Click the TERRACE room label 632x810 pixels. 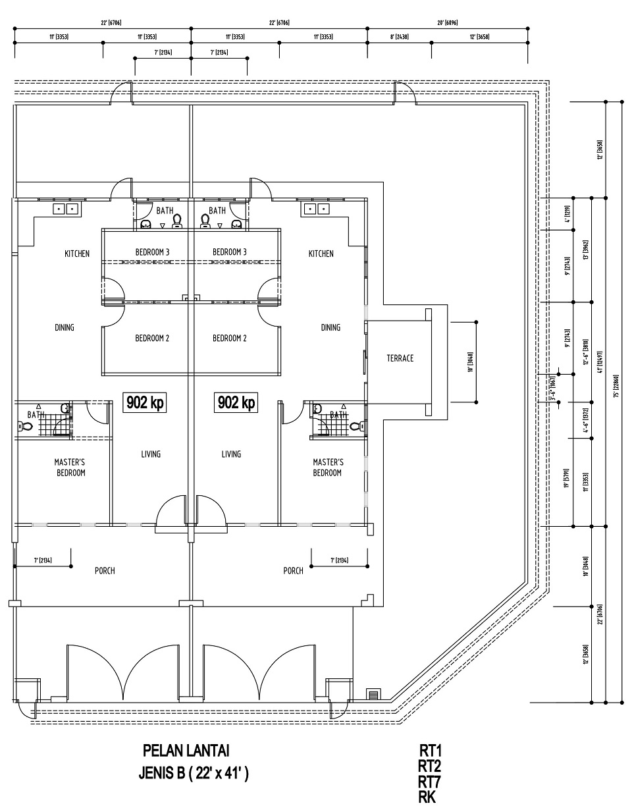coord(400,358)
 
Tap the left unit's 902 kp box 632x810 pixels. coord(145,402)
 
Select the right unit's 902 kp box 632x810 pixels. coord(236,402)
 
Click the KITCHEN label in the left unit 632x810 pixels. coord(77,254)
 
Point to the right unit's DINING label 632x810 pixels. coord(330,327)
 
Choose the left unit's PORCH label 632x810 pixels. coord(105,570)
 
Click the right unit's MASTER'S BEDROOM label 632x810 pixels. coord(327,468)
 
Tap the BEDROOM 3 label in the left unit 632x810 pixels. coord(152,252)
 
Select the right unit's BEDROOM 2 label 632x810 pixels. coord(230,338)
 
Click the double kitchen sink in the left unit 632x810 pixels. coord(66,209)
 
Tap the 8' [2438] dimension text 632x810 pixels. coord(399,38)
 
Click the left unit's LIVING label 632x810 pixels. coord(151,454)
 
